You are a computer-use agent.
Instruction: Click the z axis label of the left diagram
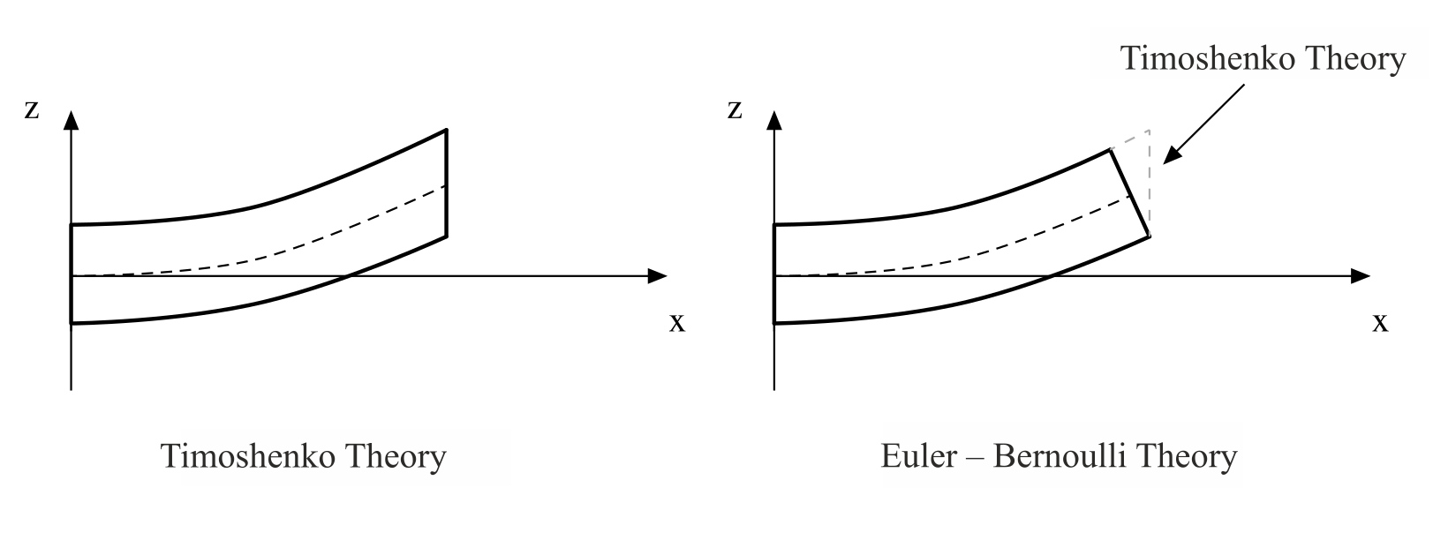pyautogui.click(x=32, y=110)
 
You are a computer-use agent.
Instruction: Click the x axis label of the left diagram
pyautogui.click(x=676, y=323)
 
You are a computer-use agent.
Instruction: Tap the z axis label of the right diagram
pyautogui.click(x=735, y=110)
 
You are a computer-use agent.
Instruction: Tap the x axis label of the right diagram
pyautogui.click(x=1380, y=323)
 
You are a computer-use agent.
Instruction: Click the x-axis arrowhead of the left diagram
pyautogui.click(x=658, y=276)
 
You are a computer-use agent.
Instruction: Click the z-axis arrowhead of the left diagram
pyautogui.click(x=72, y=119)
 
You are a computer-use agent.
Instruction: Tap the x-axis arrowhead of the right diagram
pyautogui.click(x=1361, y=276)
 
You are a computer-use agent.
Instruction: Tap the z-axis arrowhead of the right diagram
pyautogui.click(x=774, y=119)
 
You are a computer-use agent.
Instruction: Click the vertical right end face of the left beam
pyautogui.click(x=447, y=184)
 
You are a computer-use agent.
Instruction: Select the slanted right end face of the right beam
pyautogui.click(x=1129, y=192)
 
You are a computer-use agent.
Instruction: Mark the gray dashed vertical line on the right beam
pyautogui.click(x=1149, y=181)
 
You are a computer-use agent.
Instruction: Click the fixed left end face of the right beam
pyautogui.click(x=774, y=274)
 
